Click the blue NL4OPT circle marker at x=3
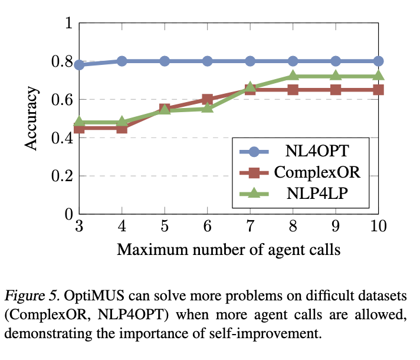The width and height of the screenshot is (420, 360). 79,64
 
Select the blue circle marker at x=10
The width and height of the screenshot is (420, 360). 378,61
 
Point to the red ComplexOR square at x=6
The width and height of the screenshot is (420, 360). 207,99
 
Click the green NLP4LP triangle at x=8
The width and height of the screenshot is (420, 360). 293,76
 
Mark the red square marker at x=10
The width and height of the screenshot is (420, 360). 378,90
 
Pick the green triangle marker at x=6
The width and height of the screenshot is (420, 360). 207,108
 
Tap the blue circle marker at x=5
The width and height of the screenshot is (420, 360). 165,61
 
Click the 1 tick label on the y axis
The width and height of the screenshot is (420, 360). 68,24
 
